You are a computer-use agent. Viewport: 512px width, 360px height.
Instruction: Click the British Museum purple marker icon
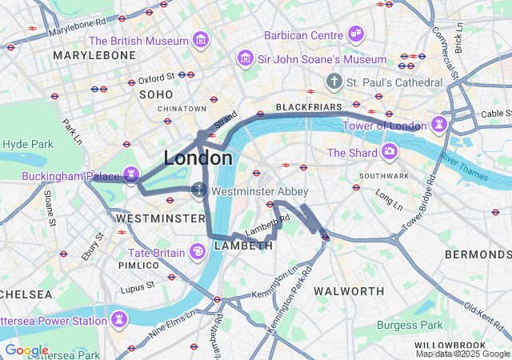pyautogui.click(x=201, y=40)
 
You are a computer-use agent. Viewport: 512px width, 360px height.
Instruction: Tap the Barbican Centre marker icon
pyautogui.click(x=357, y=34)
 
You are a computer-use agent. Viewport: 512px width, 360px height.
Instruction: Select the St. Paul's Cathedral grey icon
pyautogui.click(x=334, y=82)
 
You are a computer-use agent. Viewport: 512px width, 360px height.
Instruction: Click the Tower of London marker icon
pyautogui.click(x=438, y=124)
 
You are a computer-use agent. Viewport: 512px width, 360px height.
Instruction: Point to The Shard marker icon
pyautogui.click(x=389, y=152)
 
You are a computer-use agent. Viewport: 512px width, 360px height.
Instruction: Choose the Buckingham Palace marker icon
pyautogui.click(x=131, y=174)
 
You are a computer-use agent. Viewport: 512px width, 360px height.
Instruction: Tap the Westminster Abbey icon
pyautogui.click(x=199, y=190)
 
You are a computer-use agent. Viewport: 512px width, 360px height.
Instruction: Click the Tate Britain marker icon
pyautogui.click(x=198, y=252)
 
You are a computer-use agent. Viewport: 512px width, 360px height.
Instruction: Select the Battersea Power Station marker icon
pyautogui.click(x=119, y=320)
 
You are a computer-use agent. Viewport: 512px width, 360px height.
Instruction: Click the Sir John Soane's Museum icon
pyautogui.click(x=245, y=58)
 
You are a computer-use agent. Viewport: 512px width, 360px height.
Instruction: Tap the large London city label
pyautogui.click(x=198, y=158)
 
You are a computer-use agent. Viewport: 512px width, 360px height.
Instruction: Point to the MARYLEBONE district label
pyautogui.click(x=94, y=55)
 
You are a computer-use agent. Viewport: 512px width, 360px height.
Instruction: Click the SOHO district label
pyautogui.click(x=155, y=94)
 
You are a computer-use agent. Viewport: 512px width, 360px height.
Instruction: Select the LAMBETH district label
pyautogui.click(x=243, y=246)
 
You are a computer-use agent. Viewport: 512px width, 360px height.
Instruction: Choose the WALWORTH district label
pyautogui.click(x=348, y=290)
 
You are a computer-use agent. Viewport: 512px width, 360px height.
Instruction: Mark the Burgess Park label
pyautogui.click(x=409, y=325)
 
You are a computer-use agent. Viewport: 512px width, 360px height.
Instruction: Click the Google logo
pyautogui.click(x=26, y=350)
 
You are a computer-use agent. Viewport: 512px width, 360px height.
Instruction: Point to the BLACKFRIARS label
pyautogui.click(x=309, y=106)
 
